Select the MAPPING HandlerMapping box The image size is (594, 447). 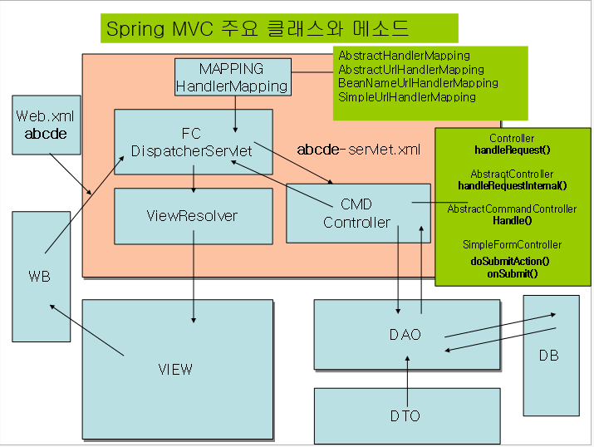coord(232,76)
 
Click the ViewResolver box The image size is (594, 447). coord(192,216)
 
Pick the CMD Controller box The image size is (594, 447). coord(357,214)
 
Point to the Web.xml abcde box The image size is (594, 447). coord(46,125)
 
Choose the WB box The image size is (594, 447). coord(39,276)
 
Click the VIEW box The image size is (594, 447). coord(176,369)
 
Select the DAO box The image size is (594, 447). coord(405,335)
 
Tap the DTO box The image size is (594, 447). coord(405,415)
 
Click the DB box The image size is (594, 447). coord(549,356)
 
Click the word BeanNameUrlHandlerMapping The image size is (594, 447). coord(418,83)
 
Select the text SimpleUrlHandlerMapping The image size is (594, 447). coord(407,97)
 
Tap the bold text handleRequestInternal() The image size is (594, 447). coord(512,185)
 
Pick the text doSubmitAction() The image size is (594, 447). coord(510,261)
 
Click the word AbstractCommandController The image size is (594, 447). coord(512,209)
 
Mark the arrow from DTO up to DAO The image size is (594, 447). coord(407,372)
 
